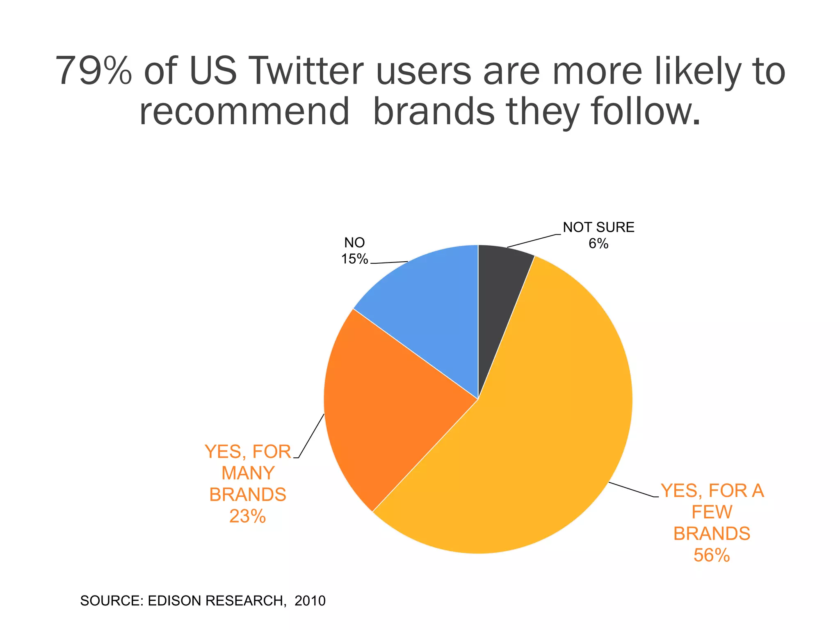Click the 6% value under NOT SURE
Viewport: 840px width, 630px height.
598,244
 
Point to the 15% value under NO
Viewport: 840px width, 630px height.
355,259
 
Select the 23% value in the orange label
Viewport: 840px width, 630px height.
248,516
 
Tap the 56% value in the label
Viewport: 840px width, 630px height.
712,555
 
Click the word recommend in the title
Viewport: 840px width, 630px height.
244,112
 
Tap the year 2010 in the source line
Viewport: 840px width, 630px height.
310,601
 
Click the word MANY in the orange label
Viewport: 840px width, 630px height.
248,473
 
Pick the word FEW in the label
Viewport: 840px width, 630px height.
712,512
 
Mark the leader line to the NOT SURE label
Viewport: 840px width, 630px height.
533,241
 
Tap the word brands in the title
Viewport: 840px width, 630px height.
434,112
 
